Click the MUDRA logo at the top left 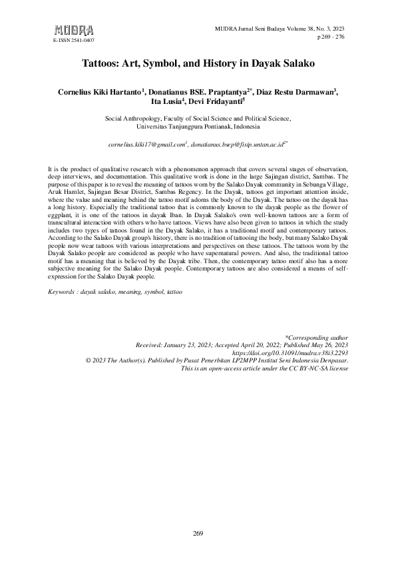point(73,30)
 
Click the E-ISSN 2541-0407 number point(73,41)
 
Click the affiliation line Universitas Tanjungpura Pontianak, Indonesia point(198,125)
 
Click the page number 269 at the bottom point(198,533)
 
